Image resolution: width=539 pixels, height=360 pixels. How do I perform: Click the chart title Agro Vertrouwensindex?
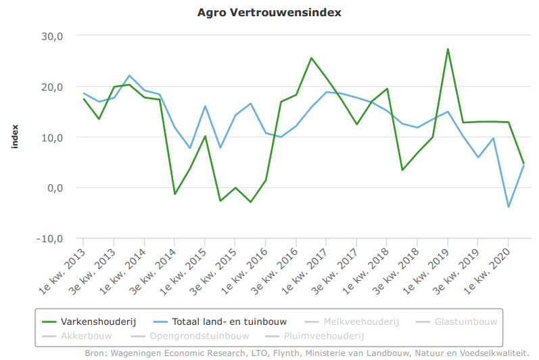(269, 12)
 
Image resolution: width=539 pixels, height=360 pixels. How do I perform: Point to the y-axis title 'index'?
(14, 137)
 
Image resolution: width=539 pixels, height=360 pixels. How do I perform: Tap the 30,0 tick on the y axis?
(50, 36)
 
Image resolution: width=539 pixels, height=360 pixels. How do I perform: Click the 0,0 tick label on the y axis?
(53, 187)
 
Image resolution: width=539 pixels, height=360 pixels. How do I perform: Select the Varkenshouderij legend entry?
(98, 321)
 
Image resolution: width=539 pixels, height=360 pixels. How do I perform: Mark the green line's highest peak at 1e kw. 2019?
(448, 49)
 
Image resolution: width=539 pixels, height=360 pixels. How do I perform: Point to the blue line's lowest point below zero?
(508, 206)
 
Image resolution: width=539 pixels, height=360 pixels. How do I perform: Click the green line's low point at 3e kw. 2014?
(174, 194)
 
